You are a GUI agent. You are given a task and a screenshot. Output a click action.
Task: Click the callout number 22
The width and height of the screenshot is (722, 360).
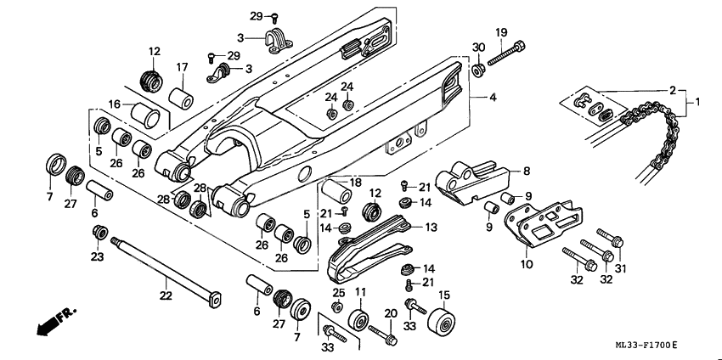click(165, 295)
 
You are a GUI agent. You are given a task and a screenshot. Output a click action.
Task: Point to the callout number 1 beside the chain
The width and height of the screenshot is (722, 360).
click(697, 103)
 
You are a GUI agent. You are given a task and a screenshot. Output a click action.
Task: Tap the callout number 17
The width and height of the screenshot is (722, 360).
click(182, 67)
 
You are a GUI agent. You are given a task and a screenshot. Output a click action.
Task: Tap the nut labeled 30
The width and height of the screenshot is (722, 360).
click(478, 67)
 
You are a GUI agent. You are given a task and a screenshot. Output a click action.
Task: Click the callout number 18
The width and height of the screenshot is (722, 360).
click(355, 183)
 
